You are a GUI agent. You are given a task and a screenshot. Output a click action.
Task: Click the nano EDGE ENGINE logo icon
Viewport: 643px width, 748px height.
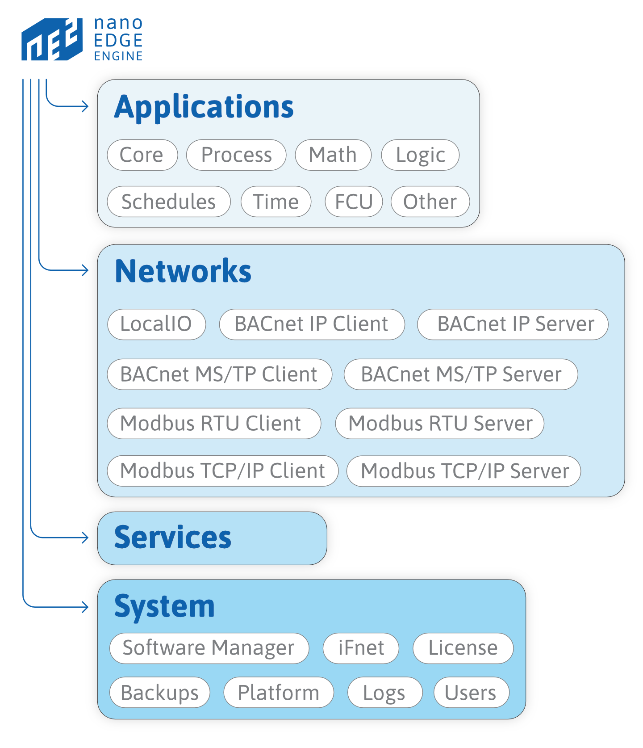(52, 39)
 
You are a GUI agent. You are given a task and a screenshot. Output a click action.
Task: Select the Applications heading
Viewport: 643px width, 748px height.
(204, 107)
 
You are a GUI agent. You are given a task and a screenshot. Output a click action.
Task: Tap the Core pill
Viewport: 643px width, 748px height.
(142, 155)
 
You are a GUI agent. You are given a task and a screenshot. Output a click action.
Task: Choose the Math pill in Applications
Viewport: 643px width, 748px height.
(333, 155)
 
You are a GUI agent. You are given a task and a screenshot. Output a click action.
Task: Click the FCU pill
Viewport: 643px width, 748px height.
(354, 202)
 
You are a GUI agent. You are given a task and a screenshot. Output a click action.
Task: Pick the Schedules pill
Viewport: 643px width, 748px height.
(168, 202)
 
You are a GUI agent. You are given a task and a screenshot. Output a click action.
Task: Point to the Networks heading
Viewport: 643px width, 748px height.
(183, 271)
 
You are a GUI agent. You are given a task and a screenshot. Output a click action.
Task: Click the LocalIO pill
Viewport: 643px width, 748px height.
(156, 324)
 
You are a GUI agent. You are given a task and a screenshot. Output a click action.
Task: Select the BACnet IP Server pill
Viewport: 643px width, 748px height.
(512, 324)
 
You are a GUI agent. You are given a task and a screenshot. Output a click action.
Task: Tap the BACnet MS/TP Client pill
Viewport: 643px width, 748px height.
(219, 374)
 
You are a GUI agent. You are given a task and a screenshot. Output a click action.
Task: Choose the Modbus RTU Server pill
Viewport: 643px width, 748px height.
(439, 423)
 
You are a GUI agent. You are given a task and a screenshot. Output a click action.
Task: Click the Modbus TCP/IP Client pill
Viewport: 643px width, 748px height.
(222, 471)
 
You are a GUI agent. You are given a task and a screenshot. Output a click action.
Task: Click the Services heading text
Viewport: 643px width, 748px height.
(173, 538)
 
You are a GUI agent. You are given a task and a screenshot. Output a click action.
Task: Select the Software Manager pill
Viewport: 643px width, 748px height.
(209, 648)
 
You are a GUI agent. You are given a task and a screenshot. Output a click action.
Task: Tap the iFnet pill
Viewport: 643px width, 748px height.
(361, 648)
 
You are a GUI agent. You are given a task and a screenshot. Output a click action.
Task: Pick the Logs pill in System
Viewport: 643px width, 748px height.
(384, 693)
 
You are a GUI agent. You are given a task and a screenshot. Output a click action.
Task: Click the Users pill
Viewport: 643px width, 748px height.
(471, 693)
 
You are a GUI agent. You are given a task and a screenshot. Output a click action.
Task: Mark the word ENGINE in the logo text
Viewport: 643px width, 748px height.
(118, 56)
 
